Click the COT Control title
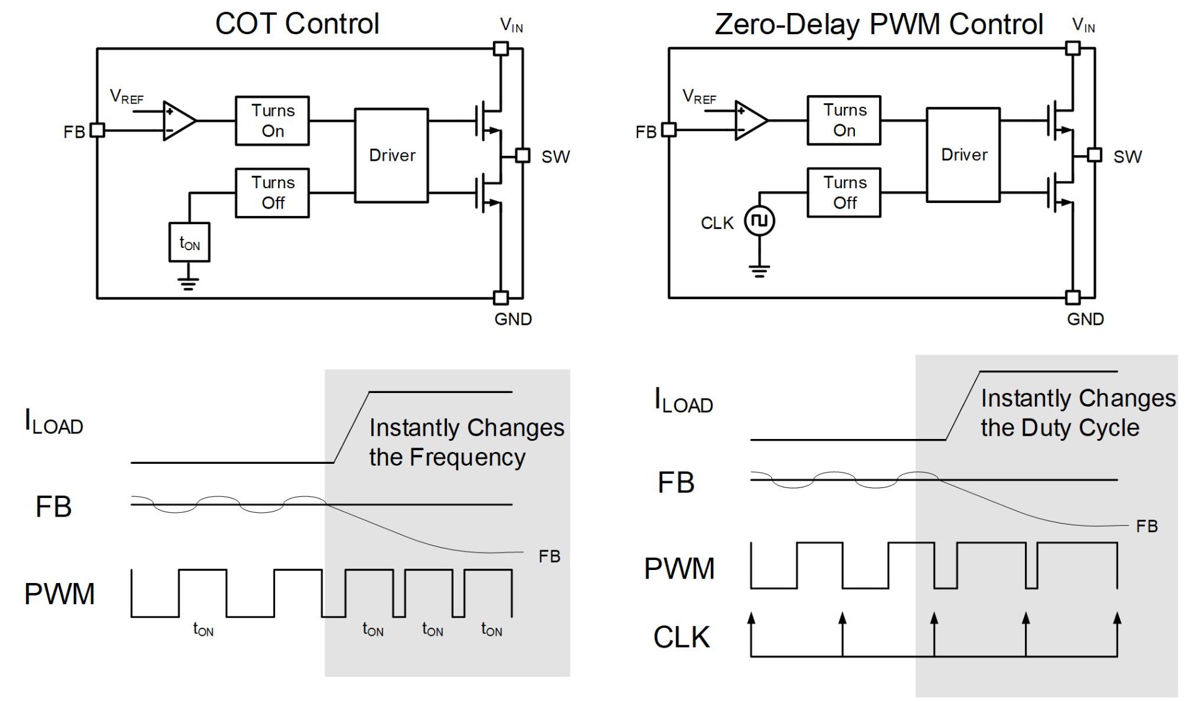[297, 24]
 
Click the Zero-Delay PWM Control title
[878, 24]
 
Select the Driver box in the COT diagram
[391, 155]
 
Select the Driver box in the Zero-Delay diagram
[964, 155]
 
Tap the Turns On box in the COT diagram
[273, 120]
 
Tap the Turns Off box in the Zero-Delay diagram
[844, 192]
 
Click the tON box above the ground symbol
[189, 242]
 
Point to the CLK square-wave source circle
[759, 220]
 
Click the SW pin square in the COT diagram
[523, 155]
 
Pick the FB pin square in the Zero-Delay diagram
[669, 130]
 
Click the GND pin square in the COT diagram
[500, 298]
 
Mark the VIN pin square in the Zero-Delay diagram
[1072, 48]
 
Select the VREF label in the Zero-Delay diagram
[699, 97]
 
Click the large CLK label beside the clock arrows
[681, 637]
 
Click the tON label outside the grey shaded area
[203, 630]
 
